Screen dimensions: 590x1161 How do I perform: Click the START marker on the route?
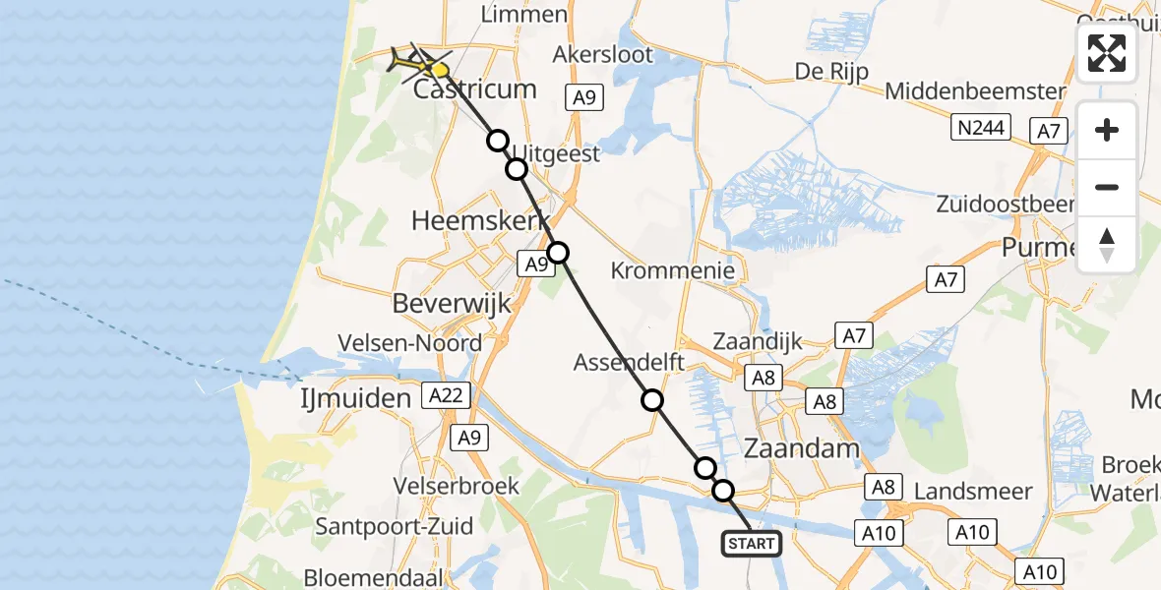pyautogui.click(x=753, y=543)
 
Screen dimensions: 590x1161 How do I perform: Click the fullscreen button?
pyautogui.click(x=1107, y=53)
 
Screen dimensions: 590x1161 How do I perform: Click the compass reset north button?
pyautogui.click(x=1107, y=245)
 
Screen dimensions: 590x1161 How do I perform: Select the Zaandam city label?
pyautogui.click(x=804, y=448)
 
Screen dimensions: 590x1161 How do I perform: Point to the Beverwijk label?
pyautogui.click(x=452, y=303)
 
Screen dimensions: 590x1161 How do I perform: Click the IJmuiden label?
pyautogui.click(x=355, y=398)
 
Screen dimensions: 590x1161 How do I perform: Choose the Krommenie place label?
pyautogui.click(x=673, y=269)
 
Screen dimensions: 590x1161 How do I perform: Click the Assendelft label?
pyautogui.click(x=630, y=362)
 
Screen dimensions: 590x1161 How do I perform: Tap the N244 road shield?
pyautogui.click(x=981, y=128)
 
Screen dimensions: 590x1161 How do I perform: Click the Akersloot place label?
pyautogui.click(x=603, y=54)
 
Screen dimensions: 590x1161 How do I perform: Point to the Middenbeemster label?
pyautogui.click(x=975, y=91)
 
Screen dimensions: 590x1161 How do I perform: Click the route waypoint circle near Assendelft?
pyautogui.click(x=652, y=400)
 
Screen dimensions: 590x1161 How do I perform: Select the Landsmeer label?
pyautogui.click(x=973, y=491)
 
